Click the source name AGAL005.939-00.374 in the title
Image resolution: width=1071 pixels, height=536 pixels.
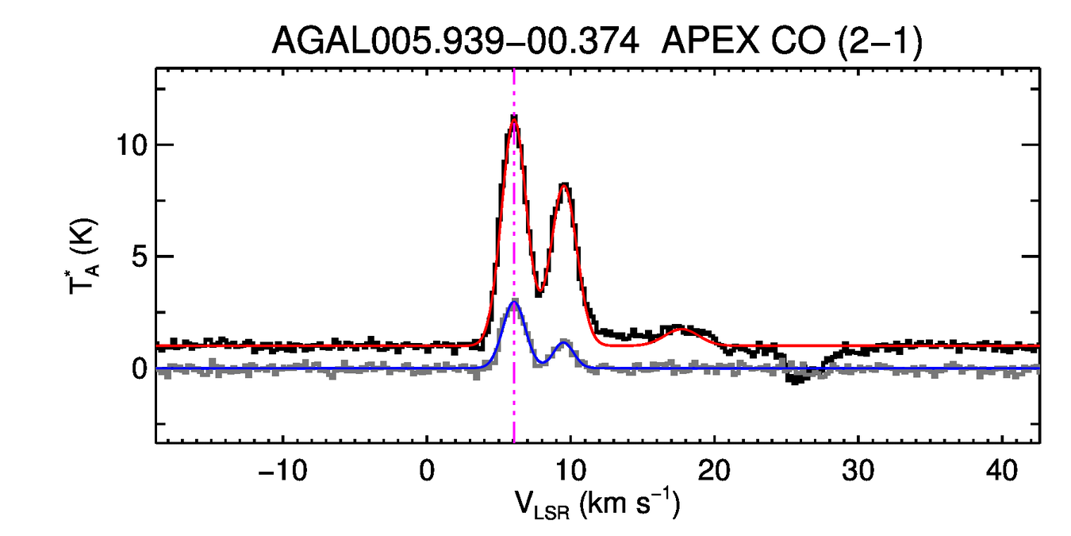(455, 40)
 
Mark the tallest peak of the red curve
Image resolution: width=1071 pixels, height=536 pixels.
(514, 120)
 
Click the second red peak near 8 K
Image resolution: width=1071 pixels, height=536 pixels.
(564, 185)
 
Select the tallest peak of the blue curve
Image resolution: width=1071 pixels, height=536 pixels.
(514, 303)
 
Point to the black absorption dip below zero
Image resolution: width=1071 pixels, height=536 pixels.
(796, 380)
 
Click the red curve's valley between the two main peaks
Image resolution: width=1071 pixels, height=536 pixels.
(539, 291)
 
